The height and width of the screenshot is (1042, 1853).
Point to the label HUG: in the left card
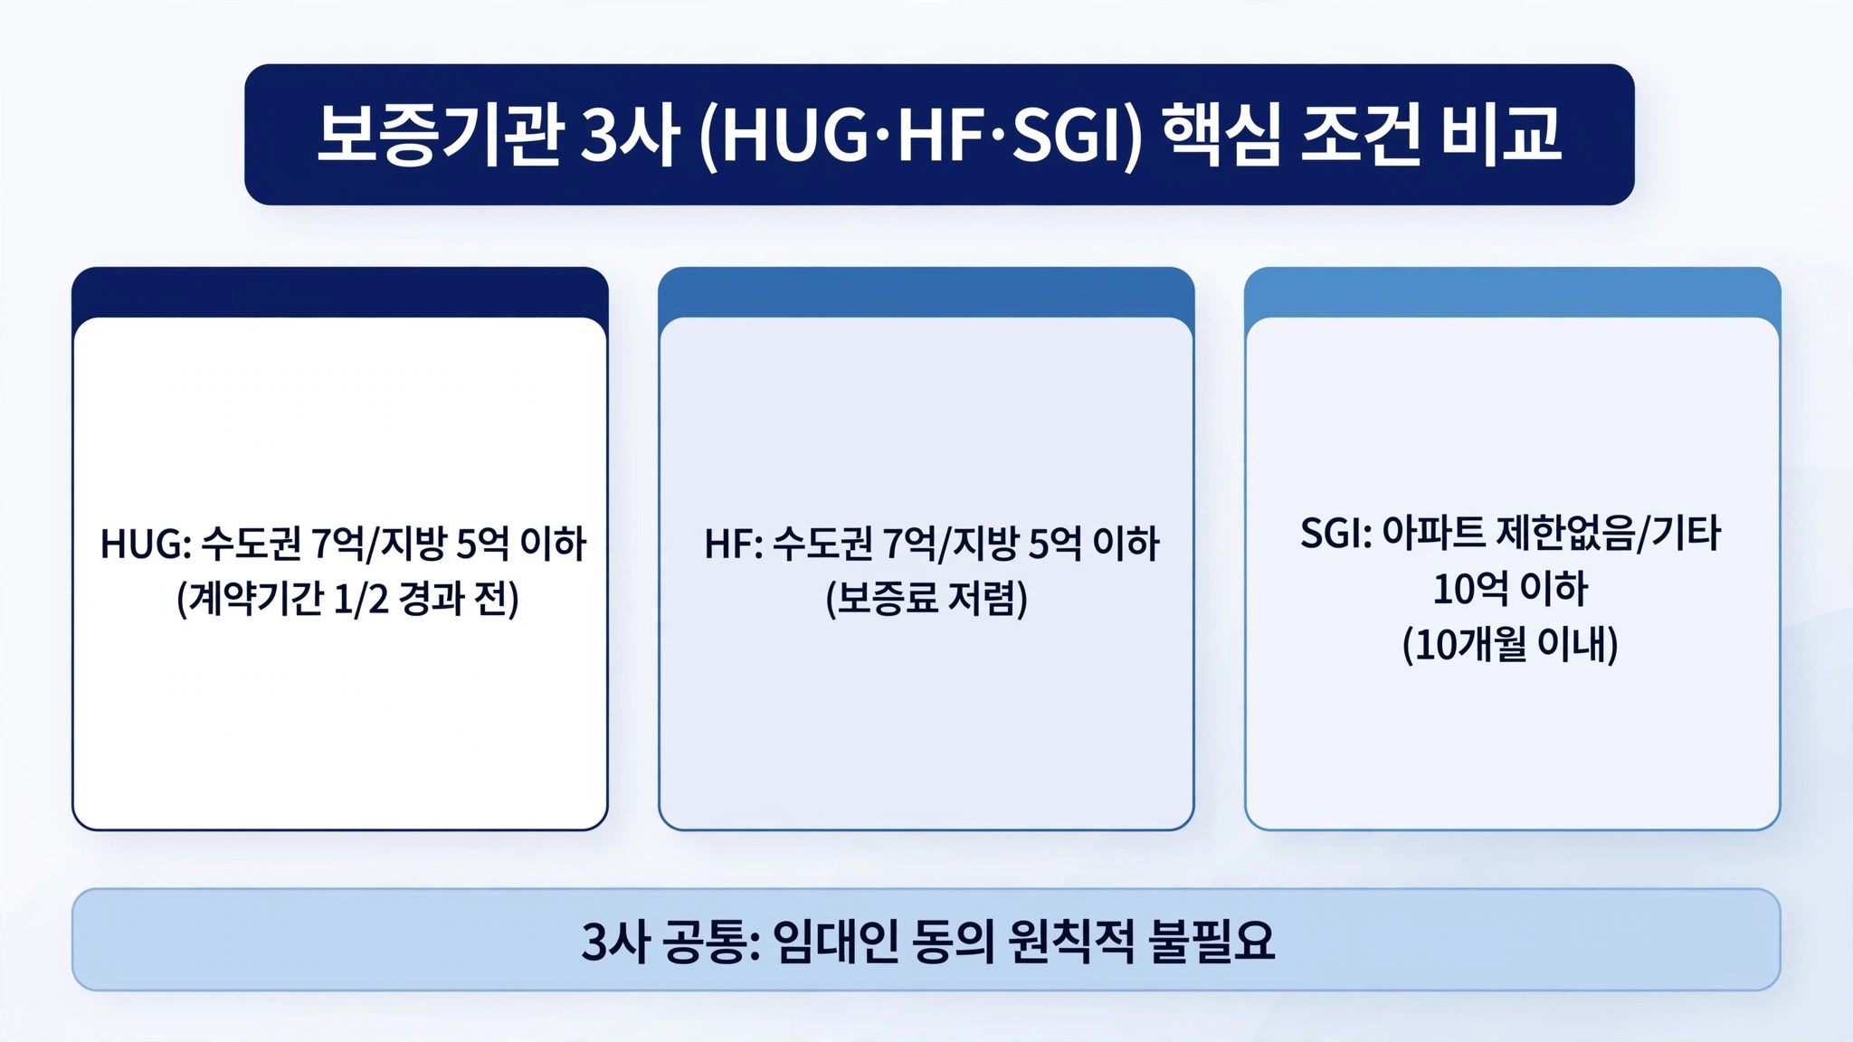point(146,545)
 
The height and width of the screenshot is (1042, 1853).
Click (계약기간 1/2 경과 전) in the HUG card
point(347,599)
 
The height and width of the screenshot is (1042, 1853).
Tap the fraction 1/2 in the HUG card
point(360,599)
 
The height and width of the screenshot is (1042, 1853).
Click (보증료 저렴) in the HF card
point(926,599)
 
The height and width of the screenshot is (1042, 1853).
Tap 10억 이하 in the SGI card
point(1511,589)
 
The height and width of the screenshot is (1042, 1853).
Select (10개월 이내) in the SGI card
point(1510,645)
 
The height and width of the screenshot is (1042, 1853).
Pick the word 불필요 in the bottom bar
point(1211,942)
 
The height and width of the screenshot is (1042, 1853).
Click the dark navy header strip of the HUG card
point(340,291)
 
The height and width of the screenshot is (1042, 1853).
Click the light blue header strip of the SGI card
point(1512,291)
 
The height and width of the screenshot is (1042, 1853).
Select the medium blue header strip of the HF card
point(926,291)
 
